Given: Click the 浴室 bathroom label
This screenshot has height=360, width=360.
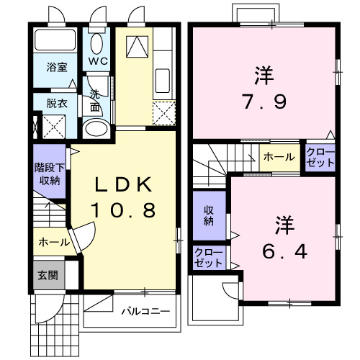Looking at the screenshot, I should tap(58, 67).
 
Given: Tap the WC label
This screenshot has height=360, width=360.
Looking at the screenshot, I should tap(98, 61).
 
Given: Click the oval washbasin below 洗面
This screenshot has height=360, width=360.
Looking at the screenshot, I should tap(94, 129).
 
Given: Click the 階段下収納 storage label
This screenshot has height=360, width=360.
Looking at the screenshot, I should tap(50, 174).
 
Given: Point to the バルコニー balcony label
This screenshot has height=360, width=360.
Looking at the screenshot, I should tap(145, 312).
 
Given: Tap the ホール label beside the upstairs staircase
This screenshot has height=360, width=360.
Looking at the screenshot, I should tap(278, 157).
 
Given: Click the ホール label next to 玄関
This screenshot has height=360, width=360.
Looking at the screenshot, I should tap(49, 241).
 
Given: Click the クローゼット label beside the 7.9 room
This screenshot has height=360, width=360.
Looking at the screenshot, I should tap(320, 157).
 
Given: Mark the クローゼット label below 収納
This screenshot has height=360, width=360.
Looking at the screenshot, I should tap(209, 257).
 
